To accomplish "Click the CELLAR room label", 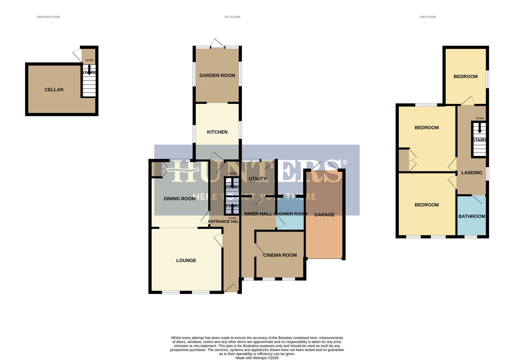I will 54,90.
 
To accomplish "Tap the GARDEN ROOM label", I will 217,76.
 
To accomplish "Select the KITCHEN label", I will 217,132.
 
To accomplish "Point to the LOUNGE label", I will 186,261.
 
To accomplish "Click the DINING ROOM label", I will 180,199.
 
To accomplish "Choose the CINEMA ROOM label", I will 280,255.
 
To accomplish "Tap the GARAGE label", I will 324,215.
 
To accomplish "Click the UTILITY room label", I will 257,179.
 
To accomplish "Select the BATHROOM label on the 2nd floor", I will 472,217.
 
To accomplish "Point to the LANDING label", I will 472,173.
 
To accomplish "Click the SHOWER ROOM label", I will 290,214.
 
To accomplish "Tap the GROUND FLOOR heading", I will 48,17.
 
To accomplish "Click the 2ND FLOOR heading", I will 427,17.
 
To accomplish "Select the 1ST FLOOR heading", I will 232,17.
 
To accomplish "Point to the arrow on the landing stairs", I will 480,128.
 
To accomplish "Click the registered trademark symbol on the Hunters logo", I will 345,162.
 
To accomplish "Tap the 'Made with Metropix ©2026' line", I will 257,358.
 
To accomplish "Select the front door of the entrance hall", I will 231,288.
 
